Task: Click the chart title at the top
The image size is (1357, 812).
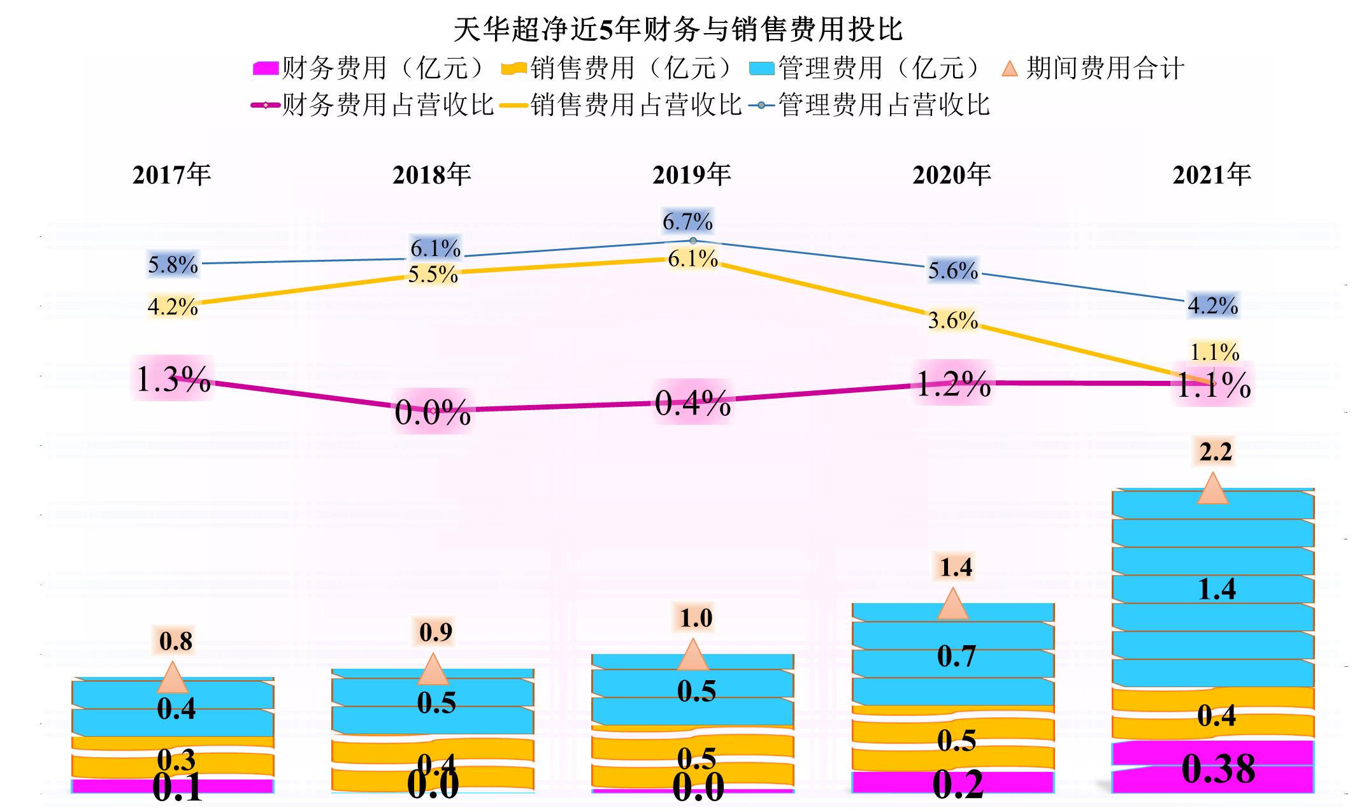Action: coord(678,29)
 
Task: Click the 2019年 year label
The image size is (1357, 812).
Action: coord(691,175)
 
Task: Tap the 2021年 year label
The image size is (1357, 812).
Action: coord(1212,175)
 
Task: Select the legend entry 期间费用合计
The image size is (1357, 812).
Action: coord(1093,68)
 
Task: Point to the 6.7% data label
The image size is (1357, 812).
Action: coord(687,222)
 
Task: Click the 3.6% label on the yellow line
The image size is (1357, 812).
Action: coord(952,320)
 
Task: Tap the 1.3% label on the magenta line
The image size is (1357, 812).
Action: coord(173,380)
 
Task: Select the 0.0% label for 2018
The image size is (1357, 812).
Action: coord(433,412)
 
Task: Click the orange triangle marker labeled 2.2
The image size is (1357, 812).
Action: coord(1212,489)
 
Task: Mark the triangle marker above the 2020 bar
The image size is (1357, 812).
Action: coord(952,604)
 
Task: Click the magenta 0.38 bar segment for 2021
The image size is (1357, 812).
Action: coord(1213,767)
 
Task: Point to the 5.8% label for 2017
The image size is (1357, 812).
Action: coord(173,264)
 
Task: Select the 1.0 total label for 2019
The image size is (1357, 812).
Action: coord(695,618)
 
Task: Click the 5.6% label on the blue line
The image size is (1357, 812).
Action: coord(952,271)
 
